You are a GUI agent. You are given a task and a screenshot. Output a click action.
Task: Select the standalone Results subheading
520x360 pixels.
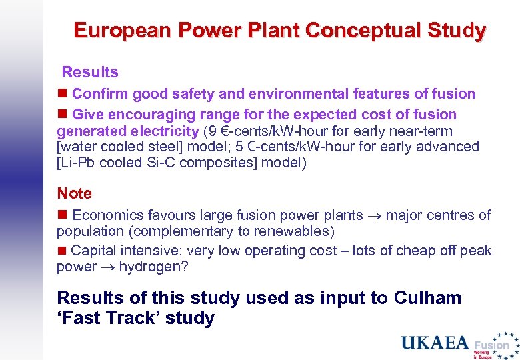pos(90,72)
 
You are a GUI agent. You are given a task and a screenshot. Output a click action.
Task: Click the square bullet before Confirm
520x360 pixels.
pos(63,94)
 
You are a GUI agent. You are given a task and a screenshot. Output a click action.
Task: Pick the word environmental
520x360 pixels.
pos(272,94)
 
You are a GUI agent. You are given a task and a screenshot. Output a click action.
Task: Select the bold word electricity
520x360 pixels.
pos(164,131)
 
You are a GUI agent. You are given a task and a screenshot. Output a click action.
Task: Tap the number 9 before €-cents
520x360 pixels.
pos(213,131)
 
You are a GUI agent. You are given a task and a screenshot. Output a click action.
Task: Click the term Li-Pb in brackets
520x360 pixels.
pos(75,163)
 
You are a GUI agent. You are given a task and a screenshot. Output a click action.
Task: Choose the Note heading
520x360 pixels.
pos(74,193)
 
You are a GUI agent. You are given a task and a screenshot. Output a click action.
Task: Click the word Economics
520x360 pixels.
pos(108,215)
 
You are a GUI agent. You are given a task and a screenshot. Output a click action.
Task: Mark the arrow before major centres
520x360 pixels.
pos(375,216)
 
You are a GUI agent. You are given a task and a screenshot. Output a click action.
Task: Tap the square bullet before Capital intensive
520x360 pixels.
pos(63,251)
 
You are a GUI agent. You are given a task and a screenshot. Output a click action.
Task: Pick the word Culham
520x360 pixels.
pos(428,297)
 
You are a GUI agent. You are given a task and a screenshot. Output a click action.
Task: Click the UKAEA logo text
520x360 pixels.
pos(434,343)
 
